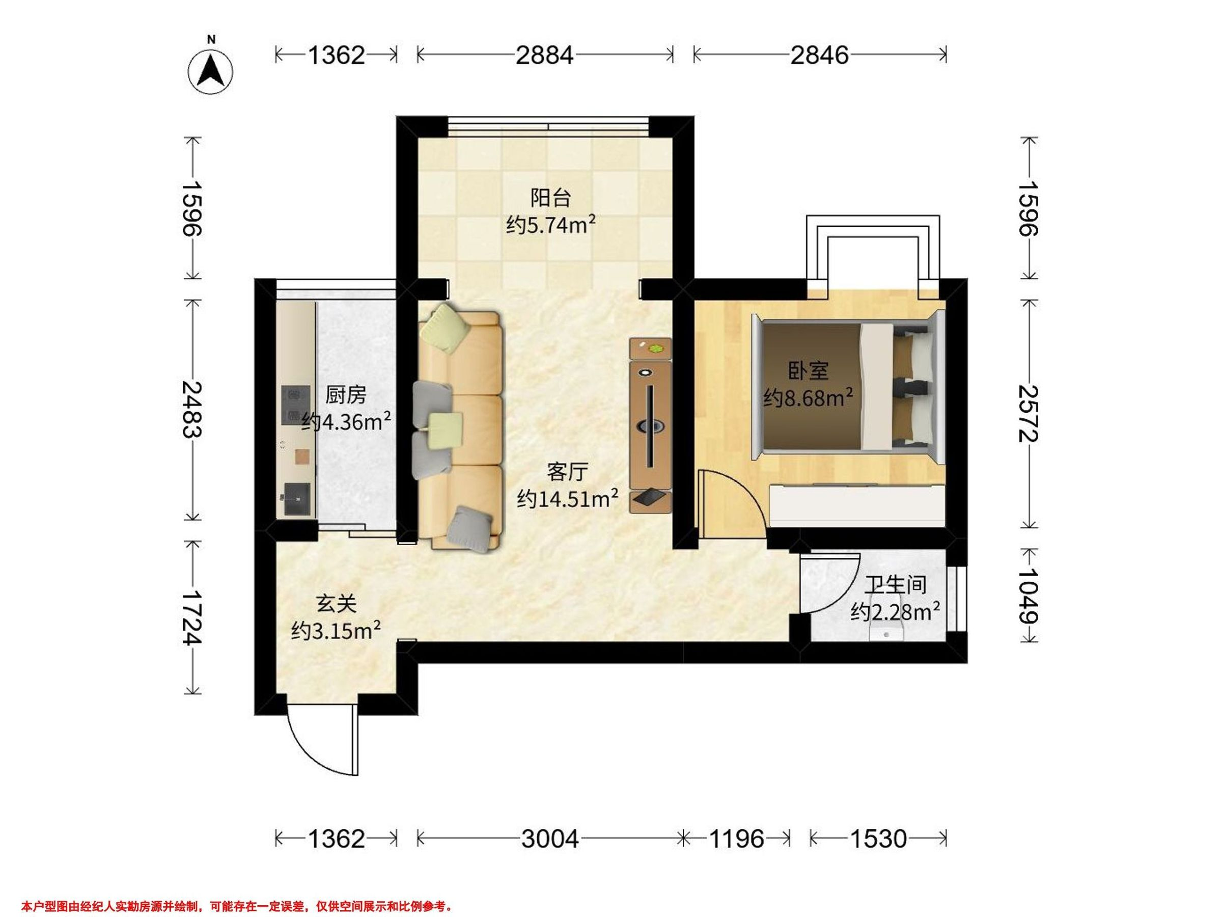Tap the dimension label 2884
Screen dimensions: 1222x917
pyautogui.click(x=545, y=55)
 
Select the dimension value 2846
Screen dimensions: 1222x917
pyautogui.click(x=819, y=55)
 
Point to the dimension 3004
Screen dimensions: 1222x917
pyautogui.click(x=550, y=839)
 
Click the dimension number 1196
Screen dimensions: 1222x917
pyautogui.click(x=736, y=839)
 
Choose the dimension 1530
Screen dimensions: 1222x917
pyautogui.click(x=878, y=839)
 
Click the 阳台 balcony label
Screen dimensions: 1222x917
pyautogui.click(x=550, y=197)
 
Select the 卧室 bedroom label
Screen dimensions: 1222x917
pyautogui.click(x=808, y=371)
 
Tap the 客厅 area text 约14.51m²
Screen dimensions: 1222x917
pyautogui.click(x=567, y=499)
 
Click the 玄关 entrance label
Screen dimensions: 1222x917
pyautogui.click(x=336, y=604)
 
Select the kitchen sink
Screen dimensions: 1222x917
pyautogui.click(x=297, y=500)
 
